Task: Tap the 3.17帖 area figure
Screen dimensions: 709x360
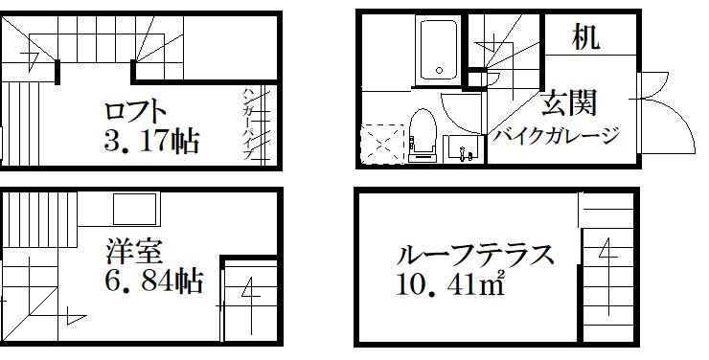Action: (x=150, y=143)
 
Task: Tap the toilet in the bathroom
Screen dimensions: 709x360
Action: (x=422, y=135)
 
